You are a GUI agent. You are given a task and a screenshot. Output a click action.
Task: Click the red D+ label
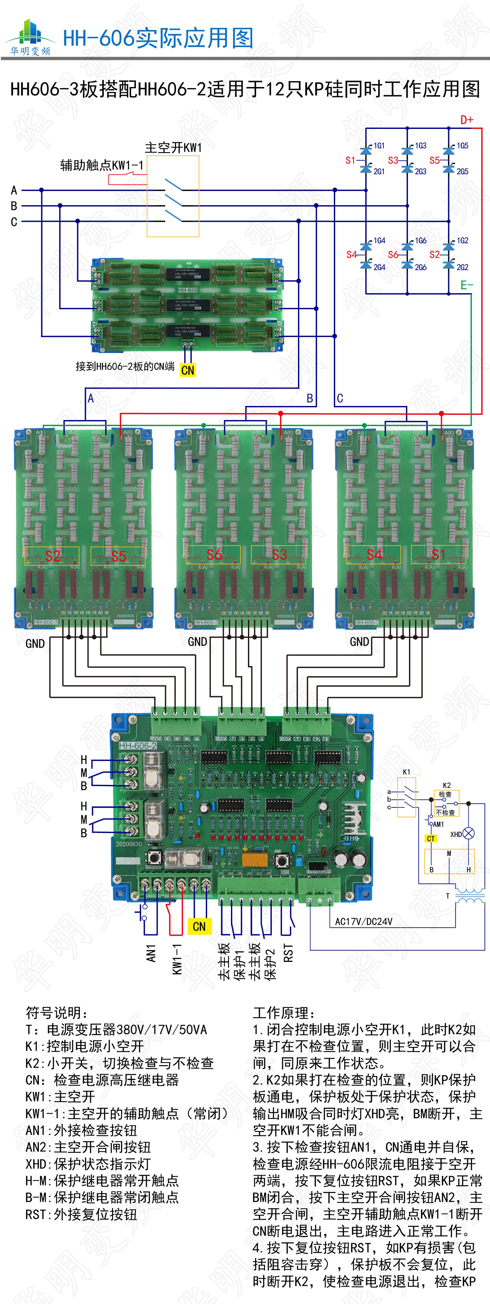click(466, 120)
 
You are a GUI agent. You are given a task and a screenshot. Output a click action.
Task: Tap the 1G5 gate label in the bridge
click(462, 146)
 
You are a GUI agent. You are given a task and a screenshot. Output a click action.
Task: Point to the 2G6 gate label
click(421, 267)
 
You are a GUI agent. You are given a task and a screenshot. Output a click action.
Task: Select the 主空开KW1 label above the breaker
click(173, 148)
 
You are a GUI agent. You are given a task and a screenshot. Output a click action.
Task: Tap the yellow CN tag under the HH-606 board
click(188, 370)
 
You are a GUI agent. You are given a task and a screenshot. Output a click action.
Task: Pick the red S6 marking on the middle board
click(214, 555)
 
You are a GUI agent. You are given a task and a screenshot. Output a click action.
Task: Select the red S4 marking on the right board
click(374, 555)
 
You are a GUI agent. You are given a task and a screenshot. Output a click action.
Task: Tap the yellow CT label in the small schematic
click(430, 839)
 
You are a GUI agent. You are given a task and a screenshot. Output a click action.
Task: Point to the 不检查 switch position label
click(445, 813)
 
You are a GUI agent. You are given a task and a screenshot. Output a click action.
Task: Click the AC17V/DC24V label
click(364, 921)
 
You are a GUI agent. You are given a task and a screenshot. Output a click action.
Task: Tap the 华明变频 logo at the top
click(30, 38)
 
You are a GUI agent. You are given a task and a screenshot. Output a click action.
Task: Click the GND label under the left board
click(35, 643)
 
